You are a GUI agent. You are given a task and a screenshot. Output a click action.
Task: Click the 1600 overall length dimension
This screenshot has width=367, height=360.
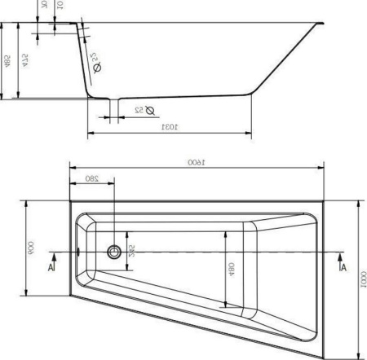pos(193,163)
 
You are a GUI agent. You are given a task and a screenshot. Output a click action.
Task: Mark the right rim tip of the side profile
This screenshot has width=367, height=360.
pos(324,25)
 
